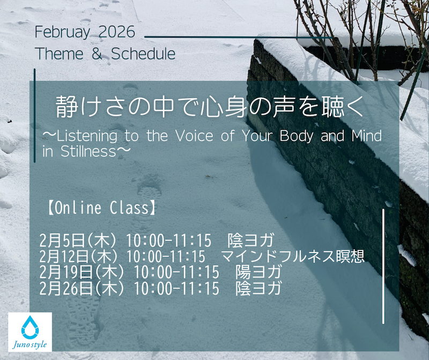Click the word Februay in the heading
tap(62, 33)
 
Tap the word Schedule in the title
tap(143, 54)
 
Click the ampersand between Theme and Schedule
tap(97, 54)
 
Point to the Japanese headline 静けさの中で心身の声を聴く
tap(210, 107)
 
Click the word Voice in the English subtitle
tap(194, 136)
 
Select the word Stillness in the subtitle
tap(88, 151)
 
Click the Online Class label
tap(102, 208)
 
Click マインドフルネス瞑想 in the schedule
tap(293, 256)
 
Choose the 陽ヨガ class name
tap(258, 273)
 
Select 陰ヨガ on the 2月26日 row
tap(258, 288)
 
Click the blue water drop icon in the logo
tap(30, 327)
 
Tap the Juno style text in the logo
tap(30, 344)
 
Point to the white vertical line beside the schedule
tap(383, 266)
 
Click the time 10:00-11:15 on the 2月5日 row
tap(168, 241)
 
